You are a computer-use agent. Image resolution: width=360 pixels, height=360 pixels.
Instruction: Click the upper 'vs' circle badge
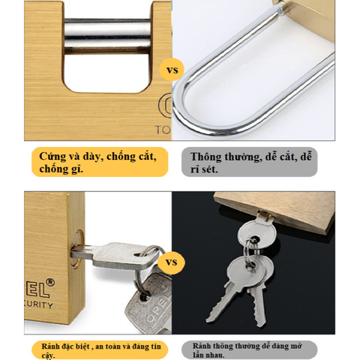[x=172, y=71]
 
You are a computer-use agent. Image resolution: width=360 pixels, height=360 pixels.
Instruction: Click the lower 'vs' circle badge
[x=172, y=264]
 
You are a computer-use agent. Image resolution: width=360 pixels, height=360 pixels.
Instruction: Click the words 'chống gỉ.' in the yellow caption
[x=61, y=169]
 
